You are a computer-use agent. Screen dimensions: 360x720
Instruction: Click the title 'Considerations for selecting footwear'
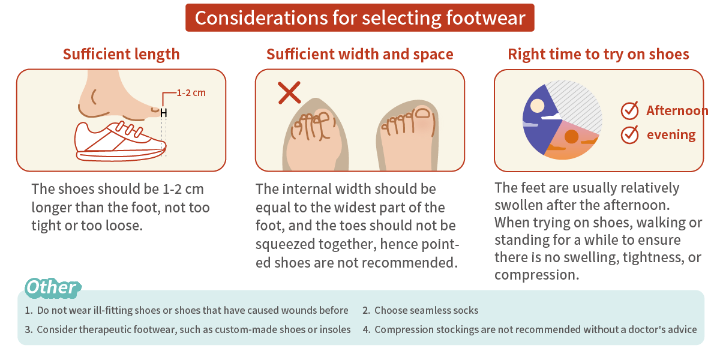pos(360,17)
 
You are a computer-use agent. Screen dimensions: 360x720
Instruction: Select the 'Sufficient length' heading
pos(121,54)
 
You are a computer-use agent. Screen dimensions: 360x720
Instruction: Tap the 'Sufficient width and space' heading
pos(359,54)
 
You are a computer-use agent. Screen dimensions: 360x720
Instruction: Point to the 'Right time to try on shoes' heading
pos(598,54)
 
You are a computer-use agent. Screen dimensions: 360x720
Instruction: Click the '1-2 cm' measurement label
pos(191,93)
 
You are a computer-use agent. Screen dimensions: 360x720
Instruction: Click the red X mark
pos(289,93)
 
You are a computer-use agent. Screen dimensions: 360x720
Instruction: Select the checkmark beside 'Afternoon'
pos(629,111)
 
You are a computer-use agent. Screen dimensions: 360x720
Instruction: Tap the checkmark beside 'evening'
pos(629,134)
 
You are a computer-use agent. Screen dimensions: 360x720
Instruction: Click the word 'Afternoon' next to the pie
pos(677,111)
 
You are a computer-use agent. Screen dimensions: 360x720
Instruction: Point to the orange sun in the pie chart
pos(571,137)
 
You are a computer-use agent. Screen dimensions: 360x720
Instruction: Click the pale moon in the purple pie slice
pos(538,106)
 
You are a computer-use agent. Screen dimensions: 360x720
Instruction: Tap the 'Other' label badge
pos(52,287)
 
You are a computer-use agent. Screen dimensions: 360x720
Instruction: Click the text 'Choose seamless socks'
pos(426,310)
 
